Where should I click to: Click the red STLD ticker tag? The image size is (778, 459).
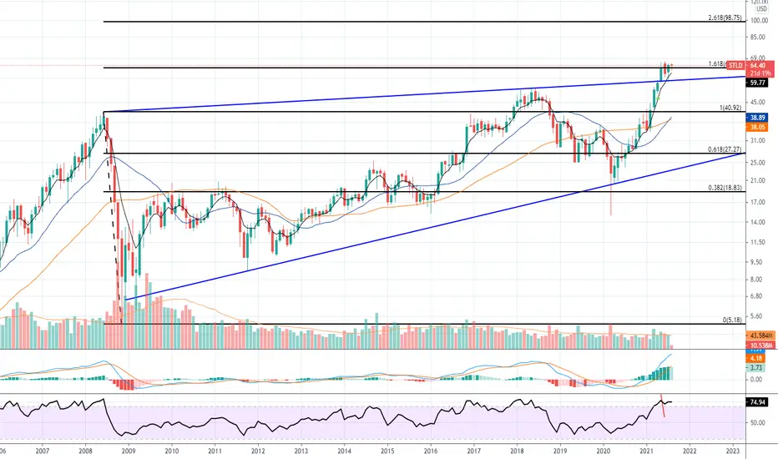[735, 64]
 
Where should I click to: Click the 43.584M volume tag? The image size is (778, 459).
[760, 335]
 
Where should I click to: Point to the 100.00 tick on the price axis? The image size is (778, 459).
[758, 21]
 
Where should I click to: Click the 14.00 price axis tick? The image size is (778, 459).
[758, 221]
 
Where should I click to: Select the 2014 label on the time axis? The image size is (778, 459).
[344, 450]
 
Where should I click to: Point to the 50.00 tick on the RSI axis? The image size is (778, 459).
[758, 422]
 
